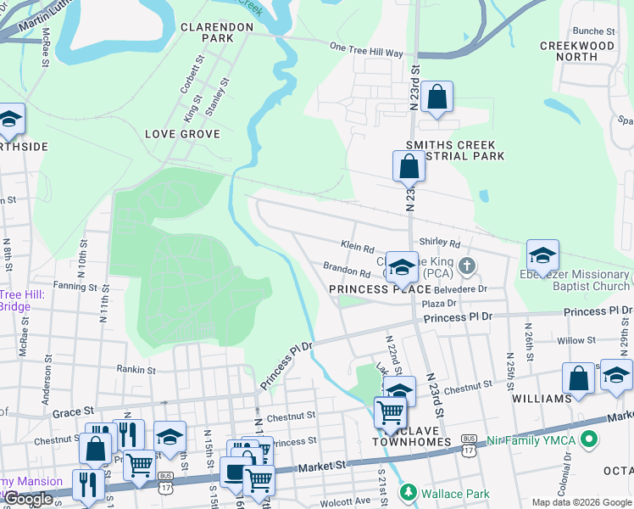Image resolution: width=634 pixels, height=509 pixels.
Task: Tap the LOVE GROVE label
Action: (x=182, y=134)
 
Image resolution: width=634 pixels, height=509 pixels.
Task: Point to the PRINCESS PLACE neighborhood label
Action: (x=380, y=289)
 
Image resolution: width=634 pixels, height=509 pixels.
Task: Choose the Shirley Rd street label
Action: (x=445, y=243)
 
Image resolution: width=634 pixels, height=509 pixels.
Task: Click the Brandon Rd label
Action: (x=347, y=271)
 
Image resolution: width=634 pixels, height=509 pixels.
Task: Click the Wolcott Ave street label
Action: (x=349, y=500)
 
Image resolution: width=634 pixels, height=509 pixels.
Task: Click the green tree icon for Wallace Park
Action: (x=408, y=492)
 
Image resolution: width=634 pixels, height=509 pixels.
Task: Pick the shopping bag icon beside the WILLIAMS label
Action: (x=578, y=378)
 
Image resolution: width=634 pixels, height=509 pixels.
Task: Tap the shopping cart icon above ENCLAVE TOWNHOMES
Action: (x=390, y=412)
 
